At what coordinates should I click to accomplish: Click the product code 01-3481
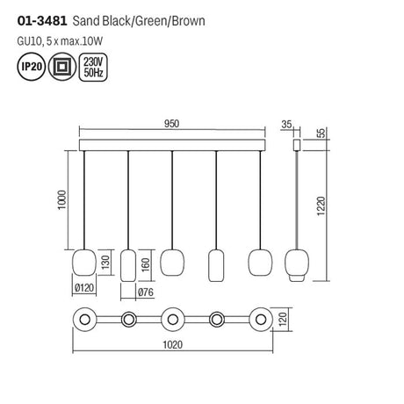point(42,21)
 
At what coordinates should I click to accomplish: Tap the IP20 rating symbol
point(32,67)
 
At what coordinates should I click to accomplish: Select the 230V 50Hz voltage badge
point(93,67)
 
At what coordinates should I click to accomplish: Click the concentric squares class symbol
point(62,67)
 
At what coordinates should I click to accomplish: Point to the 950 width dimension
point(171,124)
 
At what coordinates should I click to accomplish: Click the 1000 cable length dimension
point(62,200)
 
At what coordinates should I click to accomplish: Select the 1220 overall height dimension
point(321,206)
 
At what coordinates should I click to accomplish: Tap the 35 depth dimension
point(286,125)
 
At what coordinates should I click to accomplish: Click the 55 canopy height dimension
point(321,133)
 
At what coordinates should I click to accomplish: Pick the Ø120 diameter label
point(84,288)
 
